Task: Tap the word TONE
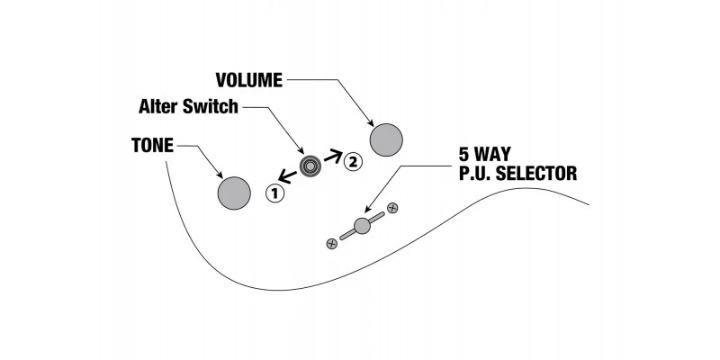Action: coord(151,143)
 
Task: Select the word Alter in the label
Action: coord(159,107)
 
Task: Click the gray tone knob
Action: coord(234,191)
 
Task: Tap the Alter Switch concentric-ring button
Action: coord(312,167)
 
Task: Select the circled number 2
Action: coord(352,162)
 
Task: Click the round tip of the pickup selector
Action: coord(362,225)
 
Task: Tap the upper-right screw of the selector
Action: coord(392,209)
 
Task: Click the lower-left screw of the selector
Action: coord(332,241)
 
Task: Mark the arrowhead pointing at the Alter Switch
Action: coord(302,153)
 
